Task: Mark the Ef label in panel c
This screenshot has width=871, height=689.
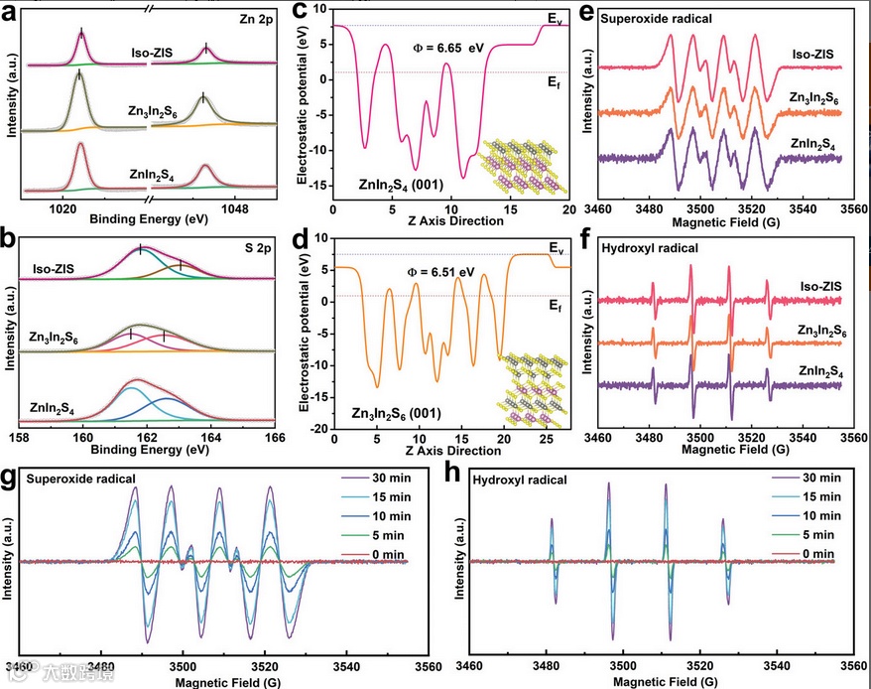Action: [x=554, y=85]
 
